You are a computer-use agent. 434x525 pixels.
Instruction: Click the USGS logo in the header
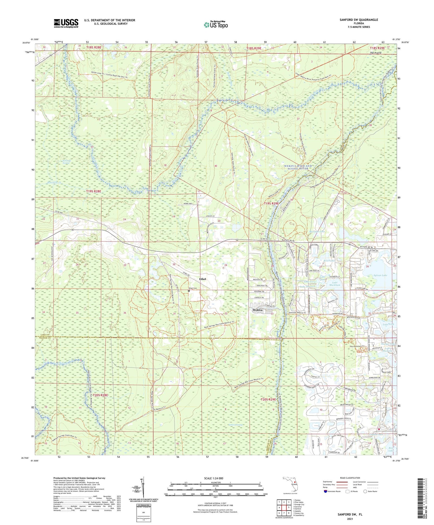click(x=66, y=23)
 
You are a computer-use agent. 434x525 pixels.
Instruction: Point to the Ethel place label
click(x=203, y=279)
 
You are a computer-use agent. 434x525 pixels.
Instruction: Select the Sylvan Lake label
click(x=380, y=275)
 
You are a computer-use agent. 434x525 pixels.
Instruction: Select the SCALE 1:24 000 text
click(x=216, y=478)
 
